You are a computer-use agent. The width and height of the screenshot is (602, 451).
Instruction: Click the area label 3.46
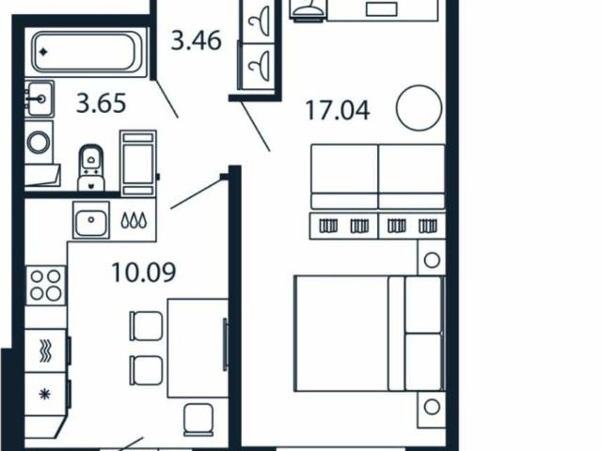[197, 40]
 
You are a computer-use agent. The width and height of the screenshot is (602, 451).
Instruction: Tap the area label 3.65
[101, 103]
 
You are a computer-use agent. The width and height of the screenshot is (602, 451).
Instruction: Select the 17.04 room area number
[338, 111]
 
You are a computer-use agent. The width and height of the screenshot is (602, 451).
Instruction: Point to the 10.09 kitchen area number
[144, 272]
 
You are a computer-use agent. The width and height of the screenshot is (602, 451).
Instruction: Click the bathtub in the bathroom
[87, 53]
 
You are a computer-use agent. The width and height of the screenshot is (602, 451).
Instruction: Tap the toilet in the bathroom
[91, 167]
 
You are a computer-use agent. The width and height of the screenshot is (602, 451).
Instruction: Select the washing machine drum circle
[39, 142]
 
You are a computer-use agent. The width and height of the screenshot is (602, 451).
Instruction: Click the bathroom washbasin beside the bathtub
[40, 99]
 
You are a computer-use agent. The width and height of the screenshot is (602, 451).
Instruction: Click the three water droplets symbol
[134, 221]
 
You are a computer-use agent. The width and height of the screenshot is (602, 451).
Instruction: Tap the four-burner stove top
[45, 285]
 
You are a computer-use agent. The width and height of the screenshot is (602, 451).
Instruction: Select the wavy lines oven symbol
[45, 350]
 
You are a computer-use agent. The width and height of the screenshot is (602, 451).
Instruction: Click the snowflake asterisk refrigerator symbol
[44, 394]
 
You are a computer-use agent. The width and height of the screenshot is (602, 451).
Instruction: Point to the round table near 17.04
[419, 108]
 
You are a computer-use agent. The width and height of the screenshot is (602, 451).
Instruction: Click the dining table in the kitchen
[198, 349]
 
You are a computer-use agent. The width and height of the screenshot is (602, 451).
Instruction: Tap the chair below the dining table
[198, 420]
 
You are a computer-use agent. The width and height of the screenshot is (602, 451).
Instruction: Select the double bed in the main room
[370, 334]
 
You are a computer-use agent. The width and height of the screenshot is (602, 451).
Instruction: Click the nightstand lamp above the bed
[432, 260]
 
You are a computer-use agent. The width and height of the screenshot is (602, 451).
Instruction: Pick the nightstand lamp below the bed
[432, 407]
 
